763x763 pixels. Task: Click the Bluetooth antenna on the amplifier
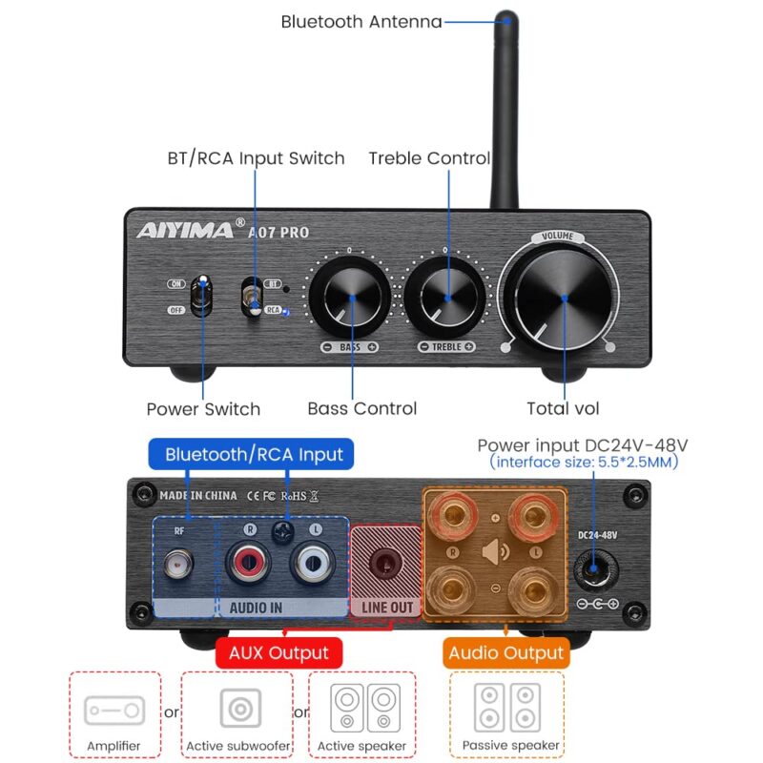pyautogui.click(x=505, y=105)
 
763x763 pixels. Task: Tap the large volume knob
pyautogui.click(x=564, y=298)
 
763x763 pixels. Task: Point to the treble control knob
pyautogui.click(x=446, y=297)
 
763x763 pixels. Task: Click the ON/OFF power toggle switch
pyautogui.click(x=202, y=295)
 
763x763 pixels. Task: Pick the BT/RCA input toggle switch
pyautogui.click(x=253, y=296)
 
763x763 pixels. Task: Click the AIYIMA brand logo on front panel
pyautogui.click(x=184, y=230)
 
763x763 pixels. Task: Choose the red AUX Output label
pyautogui.click(x=278, y=653)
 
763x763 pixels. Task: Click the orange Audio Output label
pyautogui.click(x=505, y=653)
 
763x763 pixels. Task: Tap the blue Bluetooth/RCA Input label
pyautogui.click(x=253, y=454)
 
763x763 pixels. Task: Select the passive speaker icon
pyautogui.click(x=506, y=707)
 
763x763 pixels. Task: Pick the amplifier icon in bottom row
pyautogui.click(x=114, y=710)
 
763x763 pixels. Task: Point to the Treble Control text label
pyautogui.click(x=429, y=158)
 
